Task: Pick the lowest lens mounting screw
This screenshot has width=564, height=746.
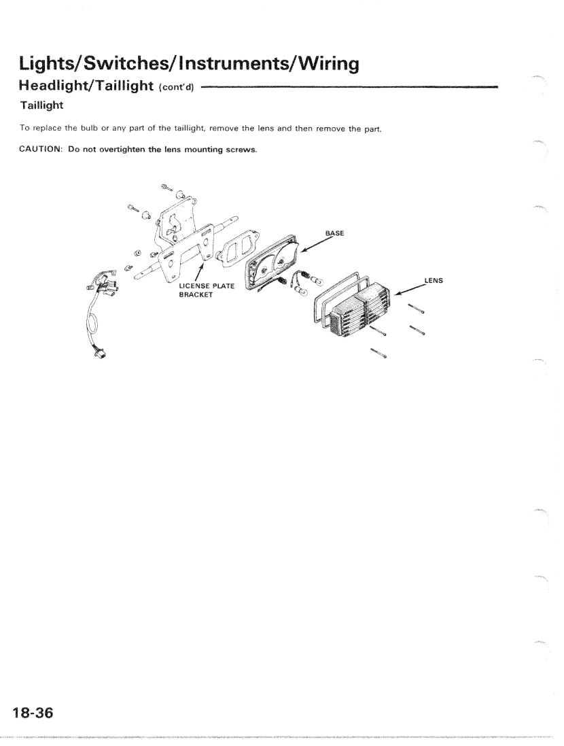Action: click(378, 353)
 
